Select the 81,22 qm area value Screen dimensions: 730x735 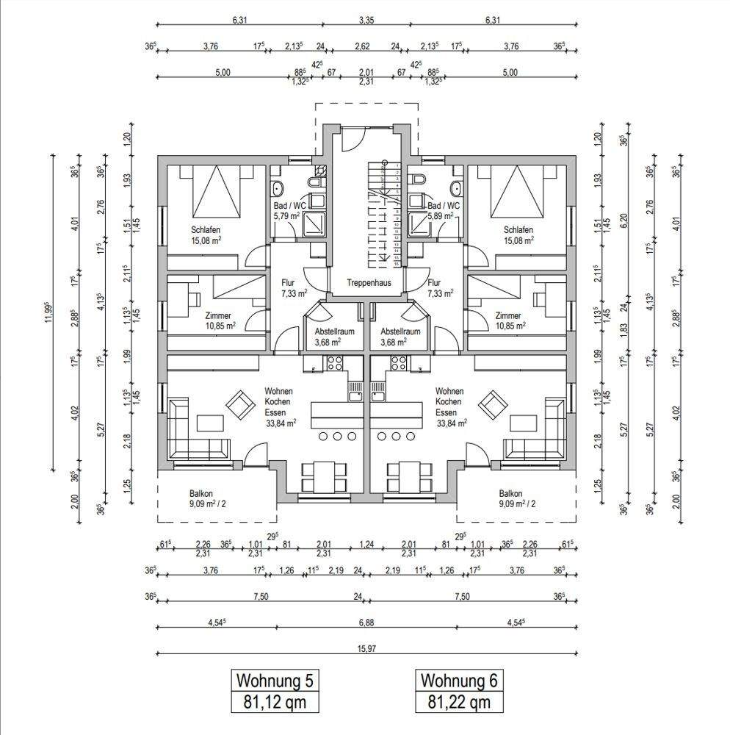460,703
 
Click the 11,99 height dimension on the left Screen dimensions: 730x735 48,312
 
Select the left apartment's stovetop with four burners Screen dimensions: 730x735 335,363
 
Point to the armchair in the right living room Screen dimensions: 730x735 492,404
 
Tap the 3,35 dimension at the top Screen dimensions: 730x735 366,21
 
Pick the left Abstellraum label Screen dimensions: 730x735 323,331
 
